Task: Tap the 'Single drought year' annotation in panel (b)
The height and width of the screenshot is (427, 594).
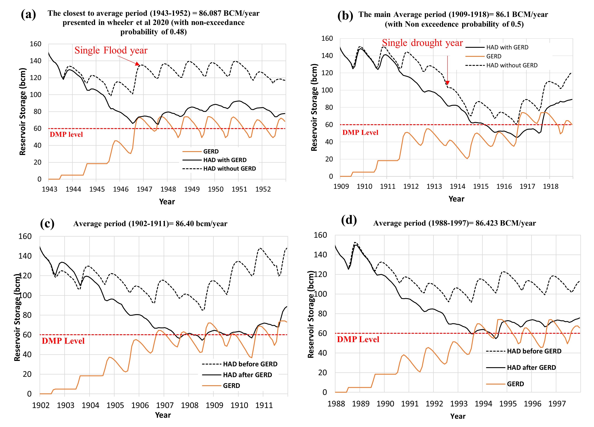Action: coord(422,43)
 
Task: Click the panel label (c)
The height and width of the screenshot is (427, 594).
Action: coord(47,223)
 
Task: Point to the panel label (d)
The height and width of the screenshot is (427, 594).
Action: coord(349,220)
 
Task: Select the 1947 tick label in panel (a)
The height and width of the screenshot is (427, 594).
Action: coord(144,189)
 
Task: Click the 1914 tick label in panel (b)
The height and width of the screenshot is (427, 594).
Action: coord(457,187)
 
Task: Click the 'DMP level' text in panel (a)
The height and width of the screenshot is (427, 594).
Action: coord(66,134)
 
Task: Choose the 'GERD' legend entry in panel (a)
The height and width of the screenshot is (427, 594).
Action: coord(211,151)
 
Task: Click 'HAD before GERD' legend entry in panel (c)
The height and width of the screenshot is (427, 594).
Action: coord(250,364)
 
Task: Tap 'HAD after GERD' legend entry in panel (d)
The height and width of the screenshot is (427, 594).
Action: coord(531,368)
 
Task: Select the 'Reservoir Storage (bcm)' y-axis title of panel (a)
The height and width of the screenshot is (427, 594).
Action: coord(23,111)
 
